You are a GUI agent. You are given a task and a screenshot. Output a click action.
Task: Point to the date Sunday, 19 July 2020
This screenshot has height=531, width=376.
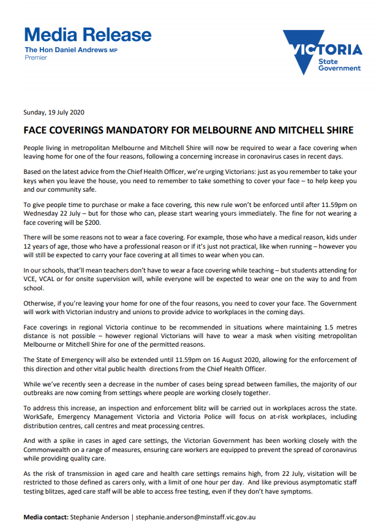[53, 113]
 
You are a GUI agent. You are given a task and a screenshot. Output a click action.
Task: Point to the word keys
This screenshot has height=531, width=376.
[31, 183]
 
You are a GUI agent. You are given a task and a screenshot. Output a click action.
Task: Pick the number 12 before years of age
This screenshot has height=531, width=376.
[27, 247]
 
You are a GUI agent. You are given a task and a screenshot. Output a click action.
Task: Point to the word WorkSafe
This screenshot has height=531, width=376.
[40, 416]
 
